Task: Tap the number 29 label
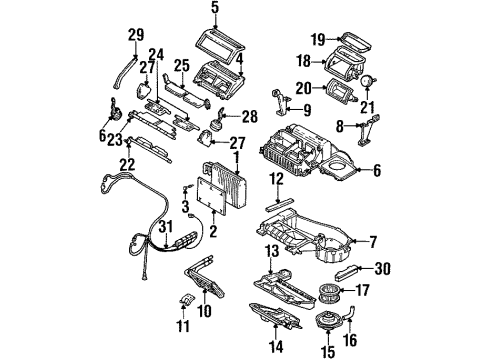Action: tap(136, 37)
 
